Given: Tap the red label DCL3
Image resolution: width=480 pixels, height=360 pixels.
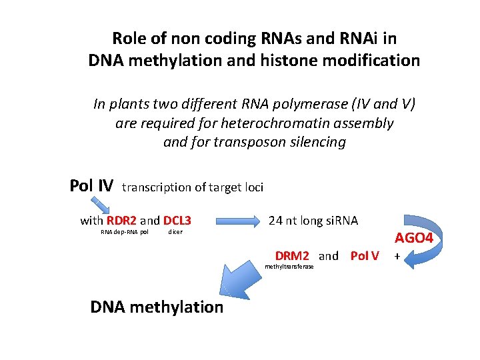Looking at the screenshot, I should [x=177, y=220].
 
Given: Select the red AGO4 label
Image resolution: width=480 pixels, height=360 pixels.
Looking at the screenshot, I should [x=414, y=238].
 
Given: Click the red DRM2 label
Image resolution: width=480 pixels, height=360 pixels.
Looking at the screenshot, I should [x=292, y=256].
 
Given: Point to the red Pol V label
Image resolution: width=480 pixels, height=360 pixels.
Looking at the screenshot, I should [x=365, y=256].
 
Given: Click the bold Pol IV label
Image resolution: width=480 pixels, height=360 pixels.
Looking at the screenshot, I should [x=91, y=185].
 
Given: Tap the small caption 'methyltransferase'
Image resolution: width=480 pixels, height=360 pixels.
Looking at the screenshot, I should [x=289, y=267].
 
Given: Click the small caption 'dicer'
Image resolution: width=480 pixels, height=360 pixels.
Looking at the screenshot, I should [x=175, y=232].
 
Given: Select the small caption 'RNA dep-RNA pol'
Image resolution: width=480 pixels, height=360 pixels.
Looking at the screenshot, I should [x=124, y=232].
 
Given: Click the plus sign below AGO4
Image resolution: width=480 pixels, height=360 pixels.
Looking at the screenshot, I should [x=397, y=256].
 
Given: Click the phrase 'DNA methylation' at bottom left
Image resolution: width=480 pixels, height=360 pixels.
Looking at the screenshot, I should [x=157, y=307].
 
